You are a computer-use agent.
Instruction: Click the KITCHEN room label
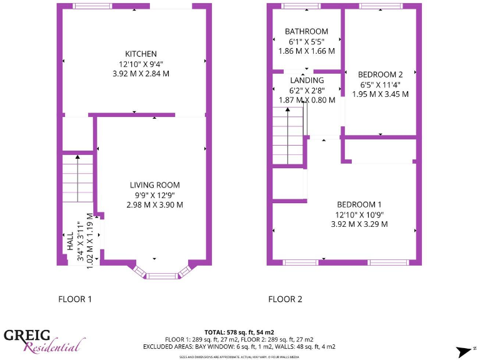141,54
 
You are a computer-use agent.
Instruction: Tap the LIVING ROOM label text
154,185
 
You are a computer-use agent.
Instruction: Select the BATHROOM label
306,31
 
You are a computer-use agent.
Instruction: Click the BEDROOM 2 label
381,74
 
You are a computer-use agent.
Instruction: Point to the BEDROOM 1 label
359,204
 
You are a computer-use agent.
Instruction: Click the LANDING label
307,80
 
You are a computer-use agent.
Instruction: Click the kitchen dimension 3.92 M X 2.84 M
141,74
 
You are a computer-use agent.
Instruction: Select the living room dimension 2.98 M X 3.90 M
154,205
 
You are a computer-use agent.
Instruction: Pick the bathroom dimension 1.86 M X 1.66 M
306,51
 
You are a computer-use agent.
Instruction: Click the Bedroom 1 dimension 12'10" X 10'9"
359,214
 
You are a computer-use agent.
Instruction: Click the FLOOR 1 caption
75,299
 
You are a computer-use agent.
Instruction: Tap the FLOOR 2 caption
285,299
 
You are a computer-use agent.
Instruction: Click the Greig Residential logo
44,341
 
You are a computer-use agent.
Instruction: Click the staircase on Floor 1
77,179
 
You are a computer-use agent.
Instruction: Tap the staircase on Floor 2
287,135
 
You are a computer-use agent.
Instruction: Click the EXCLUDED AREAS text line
239,346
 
